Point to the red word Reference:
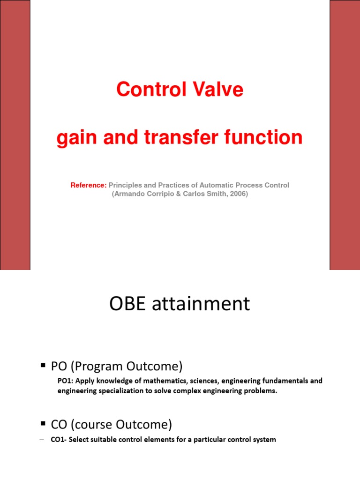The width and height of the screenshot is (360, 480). point(89,185)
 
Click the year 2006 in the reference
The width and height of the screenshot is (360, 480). point(238,194)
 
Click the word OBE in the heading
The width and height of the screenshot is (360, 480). point(127,304)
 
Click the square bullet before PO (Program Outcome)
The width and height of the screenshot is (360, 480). point(43,365)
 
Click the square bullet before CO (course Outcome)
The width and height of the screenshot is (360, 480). point(43,424)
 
